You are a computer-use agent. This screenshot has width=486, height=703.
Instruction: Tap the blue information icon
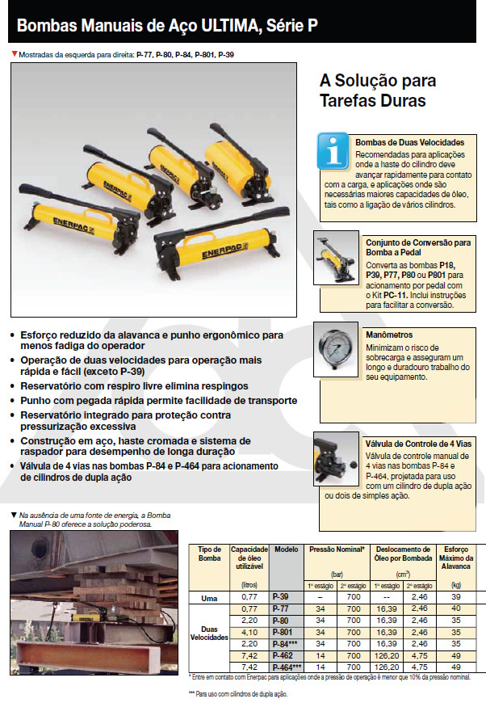pyautogui.click(x=333, y=149)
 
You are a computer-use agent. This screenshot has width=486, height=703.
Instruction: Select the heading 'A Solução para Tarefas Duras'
pyautogui.click(x=378, y=91)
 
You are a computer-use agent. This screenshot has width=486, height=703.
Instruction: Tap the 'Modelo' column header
pyautogui.click(x=286, y=549)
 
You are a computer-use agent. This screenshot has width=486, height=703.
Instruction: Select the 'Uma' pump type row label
pyautogui.click(x=209, y=598)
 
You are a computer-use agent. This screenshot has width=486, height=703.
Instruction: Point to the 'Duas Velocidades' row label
pyautogui.click(x=209, y=631)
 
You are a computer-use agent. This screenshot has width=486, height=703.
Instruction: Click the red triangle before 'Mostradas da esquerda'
pyautogui.click(x=14, y=54)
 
